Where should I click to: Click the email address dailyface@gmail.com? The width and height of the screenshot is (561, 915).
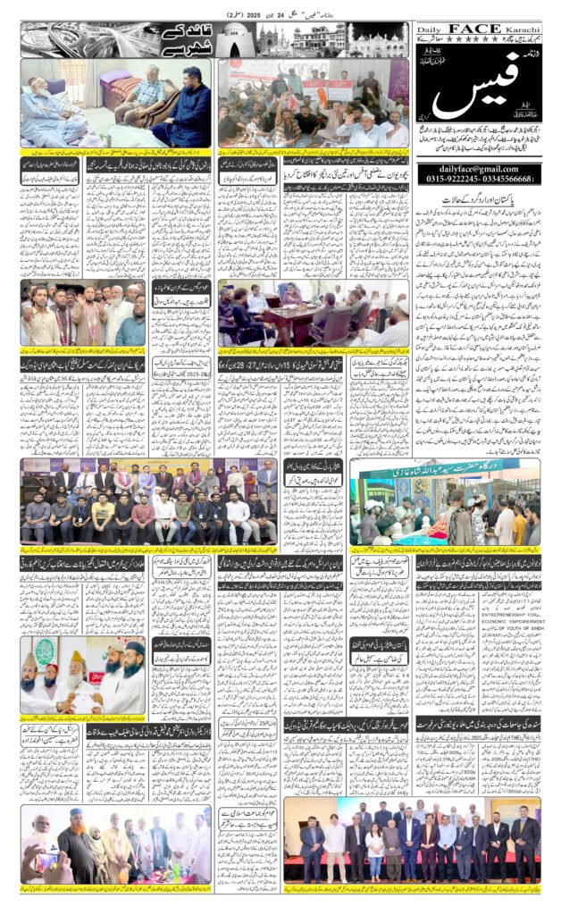click(x=478, y=169)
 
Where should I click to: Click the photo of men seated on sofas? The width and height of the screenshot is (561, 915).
click(x=116, y=103)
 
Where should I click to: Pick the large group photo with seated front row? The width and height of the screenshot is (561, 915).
click(x=148, y=500)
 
